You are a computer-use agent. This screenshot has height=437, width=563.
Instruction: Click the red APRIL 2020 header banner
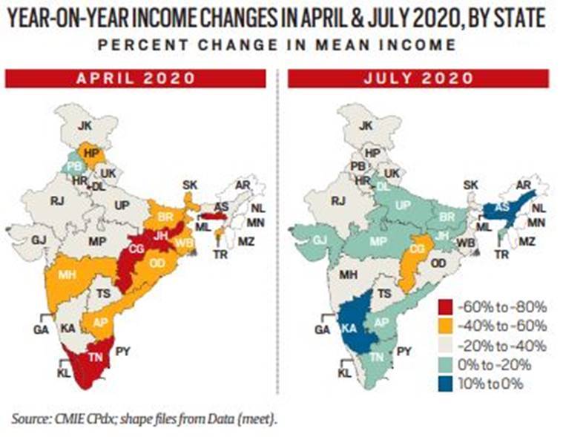pos(135,79)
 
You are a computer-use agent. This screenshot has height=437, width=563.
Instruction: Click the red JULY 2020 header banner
pos(418,79)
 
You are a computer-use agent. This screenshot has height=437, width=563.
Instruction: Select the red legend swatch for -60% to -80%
pos(446,307)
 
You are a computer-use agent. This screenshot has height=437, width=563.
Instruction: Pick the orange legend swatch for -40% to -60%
pos(446,326)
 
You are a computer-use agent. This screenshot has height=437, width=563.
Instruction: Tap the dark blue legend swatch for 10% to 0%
pos(446,384)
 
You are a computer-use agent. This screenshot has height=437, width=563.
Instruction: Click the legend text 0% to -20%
pos(495,365)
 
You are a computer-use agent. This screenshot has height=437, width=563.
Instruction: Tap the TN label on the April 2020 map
pos(96,357)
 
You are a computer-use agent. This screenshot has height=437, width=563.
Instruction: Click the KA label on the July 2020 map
pos(349,329)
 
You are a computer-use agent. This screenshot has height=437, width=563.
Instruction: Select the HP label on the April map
pos(91,154)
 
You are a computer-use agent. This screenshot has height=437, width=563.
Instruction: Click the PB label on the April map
pos(75,167)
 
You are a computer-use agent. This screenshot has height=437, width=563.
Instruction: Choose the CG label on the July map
pos(417,249)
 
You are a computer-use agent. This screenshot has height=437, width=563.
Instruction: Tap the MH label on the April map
pos(67,275)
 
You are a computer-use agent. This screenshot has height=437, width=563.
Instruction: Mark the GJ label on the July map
pos(319,240)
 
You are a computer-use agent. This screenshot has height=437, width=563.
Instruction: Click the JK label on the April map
pos(85,125)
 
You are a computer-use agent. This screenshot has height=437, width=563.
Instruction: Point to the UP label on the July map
pos(403,206)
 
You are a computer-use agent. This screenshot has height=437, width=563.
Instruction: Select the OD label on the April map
pos(157,263)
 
